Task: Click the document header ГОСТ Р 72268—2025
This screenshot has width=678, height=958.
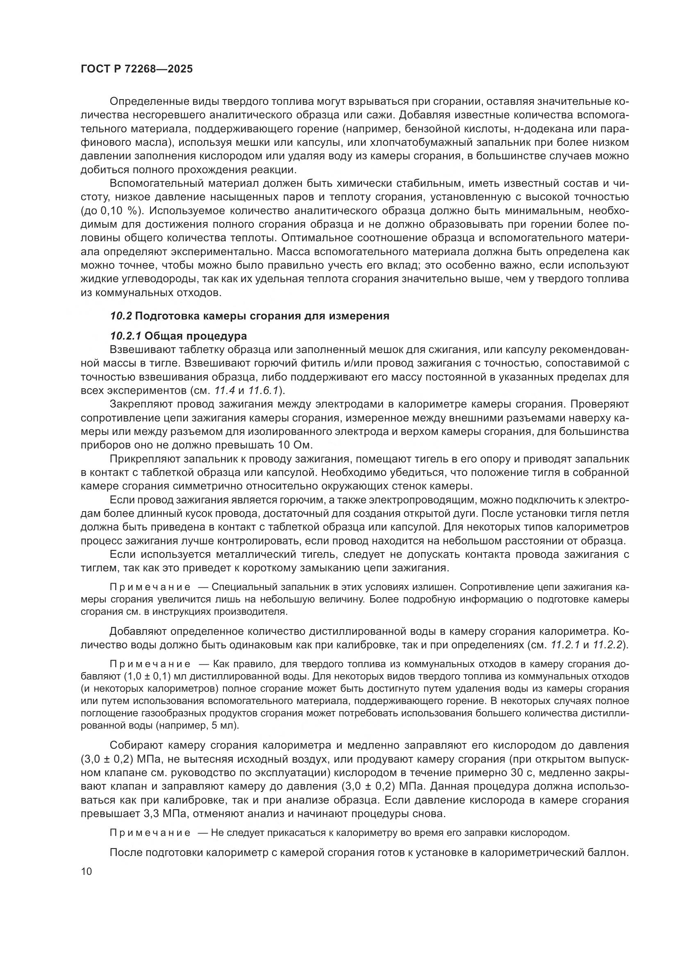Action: tap(137, 69)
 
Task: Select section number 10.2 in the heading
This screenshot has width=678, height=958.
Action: tap(121, 316)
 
